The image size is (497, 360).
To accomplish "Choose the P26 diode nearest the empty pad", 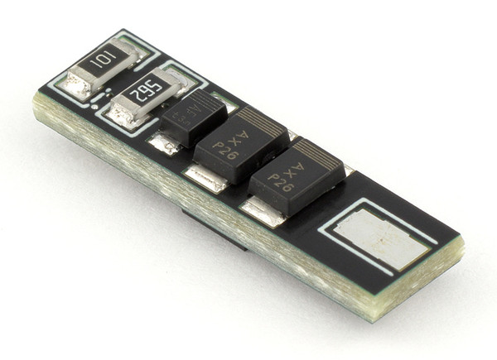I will point(296,177).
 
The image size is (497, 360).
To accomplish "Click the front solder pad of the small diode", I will point(164,144).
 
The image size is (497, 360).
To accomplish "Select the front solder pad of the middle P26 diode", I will point(204,177).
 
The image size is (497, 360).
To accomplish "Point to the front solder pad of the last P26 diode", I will point(263,210).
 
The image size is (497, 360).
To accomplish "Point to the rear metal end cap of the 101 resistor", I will point(133,48).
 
